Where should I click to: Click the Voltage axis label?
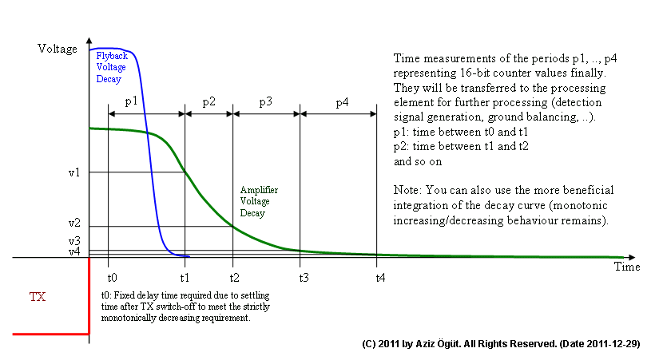coord(58,49)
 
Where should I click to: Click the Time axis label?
coord(627,267)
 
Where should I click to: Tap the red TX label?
coord(38,298)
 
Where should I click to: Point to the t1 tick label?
coord(185,278)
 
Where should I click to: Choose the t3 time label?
coord(304,278)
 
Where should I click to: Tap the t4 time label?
coord(380,278)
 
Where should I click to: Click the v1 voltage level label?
coord(74,172)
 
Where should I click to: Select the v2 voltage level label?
coord(74,223)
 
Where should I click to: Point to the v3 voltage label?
coord(74,240)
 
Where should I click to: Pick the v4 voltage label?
coord(74,251)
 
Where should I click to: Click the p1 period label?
coord(132,103)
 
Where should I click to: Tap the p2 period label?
coord(208,103)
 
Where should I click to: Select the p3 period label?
coord(266,103)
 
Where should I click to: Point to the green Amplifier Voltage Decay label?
coord(259,202)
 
